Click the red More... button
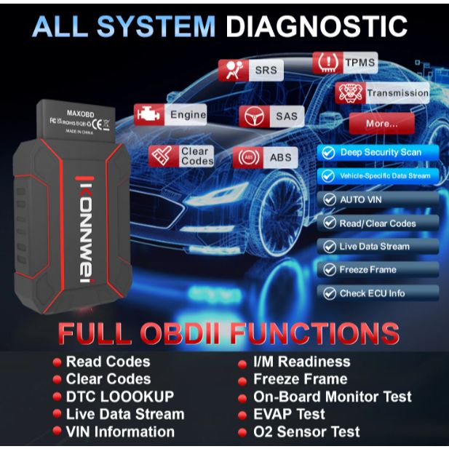pyautogui.click(x=381, y=123)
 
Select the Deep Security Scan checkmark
pyautogui.click(x=328, y=153)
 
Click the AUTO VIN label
pyautogui.click(x=361, y=199)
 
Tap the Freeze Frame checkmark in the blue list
pyautogui.click(x=328, y=270)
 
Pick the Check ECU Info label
pyautogui.click(x=372, y=293)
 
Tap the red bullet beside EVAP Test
pyautogui.click(x=242, y=415)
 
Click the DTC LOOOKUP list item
pyautogui.click(x=120, y=397)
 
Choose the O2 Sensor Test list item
pyautogui.click(x=306, y=432)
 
